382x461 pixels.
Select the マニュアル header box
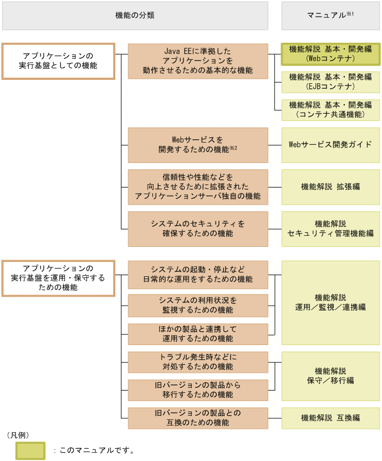[330, 16]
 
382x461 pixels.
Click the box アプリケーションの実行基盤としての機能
[58, 61]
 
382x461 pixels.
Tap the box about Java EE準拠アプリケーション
[197, 61]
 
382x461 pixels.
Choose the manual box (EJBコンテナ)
[330, 82]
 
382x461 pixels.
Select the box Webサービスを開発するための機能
[197, 145]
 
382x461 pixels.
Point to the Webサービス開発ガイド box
[330, 145]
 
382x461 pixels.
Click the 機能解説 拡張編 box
[330, 187]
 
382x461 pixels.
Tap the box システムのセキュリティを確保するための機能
[197, 229]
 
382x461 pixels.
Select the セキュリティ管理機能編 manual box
[330, 229]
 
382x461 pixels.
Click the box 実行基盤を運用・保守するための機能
[58, 278]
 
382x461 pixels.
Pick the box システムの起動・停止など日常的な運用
[197, 274]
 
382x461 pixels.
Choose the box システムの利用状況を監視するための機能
[197, 305]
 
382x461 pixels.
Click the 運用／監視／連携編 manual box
[330, 302]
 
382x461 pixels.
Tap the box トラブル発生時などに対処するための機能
[197, 362]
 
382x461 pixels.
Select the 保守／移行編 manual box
[330, 376]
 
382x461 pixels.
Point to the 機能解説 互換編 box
[330, 418]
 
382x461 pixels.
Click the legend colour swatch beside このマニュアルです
[30, 450]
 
